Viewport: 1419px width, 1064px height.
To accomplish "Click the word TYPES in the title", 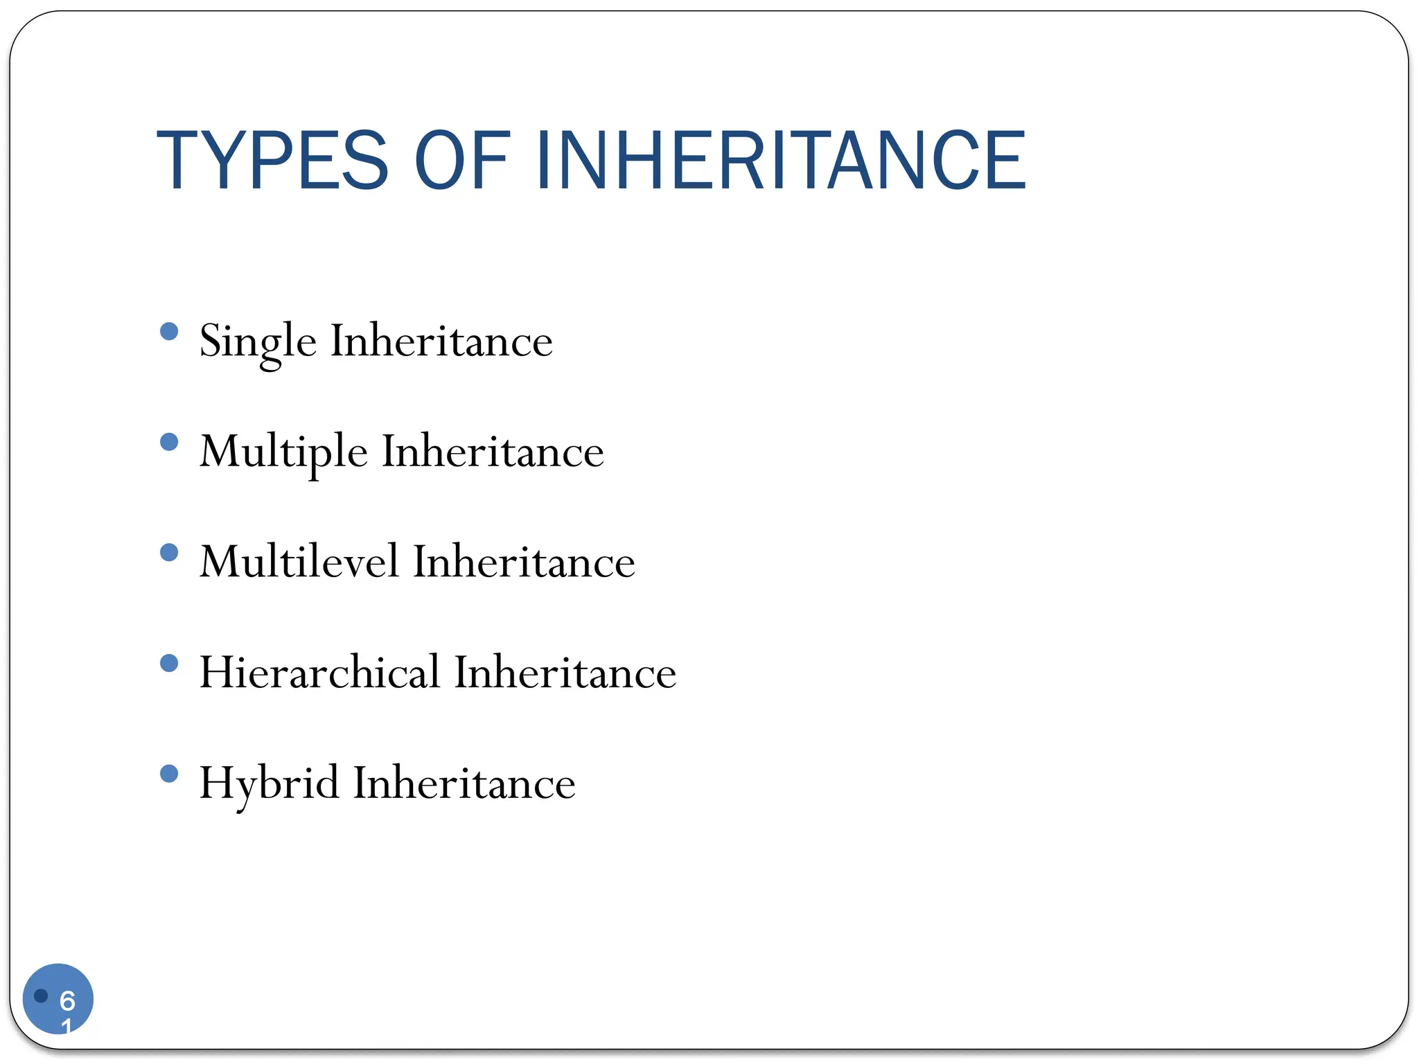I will [272, 161].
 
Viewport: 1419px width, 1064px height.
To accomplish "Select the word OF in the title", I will [462, 161].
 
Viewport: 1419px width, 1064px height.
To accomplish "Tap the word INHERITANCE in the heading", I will [781, 161].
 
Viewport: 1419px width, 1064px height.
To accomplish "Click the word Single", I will [258, 342].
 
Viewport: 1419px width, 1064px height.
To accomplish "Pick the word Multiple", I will [283, 452].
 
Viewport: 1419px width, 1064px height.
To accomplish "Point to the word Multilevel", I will [299, 562].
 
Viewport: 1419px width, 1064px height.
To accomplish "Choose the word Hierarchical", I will [319, 673].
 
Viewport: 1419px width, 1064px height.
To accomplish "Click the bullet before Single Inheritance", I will [169, 331].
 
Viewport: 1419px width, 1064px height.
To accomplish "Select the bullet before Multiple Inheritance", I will [169, 442].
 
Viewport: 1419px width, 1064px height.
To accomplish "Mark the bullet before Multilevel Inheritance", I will [169, 552].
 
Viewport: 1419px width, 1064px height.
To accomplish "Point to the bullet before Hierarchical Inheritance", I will [169, 663].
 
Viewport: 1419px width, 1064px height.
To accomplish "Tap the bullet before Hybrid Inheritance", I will [169, 773].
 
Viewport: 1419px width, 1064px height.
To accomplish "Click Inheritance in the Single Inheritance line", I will [441, 342].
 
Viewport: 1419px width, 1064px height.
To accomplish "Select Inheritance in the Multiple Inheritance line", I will [493, 452].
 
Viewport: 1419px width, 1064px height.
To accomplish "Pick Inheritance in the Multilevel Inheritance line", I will [524, 562].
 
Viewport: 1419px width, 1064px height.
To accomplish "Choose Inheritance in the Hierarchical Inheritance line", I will [565, 673].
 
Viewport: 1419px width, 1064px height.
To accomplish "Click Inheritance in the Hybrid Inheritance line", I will [464, 783].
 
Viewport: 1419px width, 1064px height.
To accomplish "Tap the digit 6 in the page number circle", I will [67, 1000].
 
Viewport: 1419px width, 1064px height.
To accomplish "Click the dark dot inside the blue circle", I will [41, 995].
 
